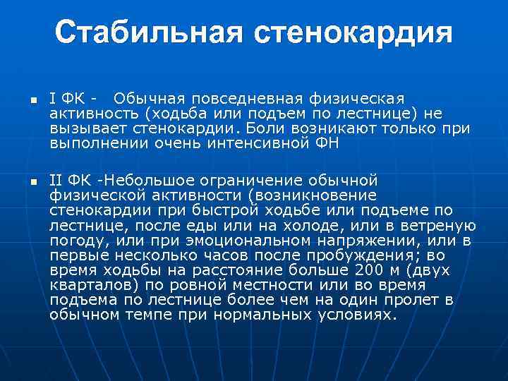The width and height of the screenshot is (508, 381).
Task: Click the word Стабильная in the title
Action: click(x=145, y=33)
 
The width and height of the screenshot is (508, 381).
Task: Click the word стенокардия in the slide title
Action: click(x=351, y=33)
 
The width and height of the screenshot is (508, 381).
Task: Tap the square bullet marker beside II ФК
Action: click(x=32, y=182)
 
